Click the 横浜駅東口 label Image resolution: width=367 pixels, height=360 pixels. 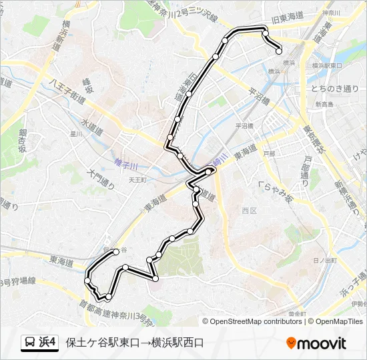click(327, 66)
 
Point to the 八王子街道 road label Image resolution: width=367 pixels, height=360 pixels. click(67, 89)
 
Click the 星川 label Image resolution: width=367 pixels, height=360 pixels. click(75, 133)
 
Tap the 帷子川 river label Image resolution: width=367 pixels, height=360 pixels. click(125, 164)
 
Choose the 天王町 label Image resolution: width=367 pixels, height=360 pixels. click(137, 179)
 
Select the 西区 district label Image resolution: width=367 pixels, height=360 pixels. click(249, 211)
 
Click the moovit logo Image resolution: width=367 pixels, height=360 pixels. click(316, 343)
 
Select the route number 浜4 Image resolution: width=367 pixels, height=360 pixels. click(48, 343)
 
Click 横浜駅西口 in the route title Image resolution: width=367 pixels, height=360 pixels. click(177, 343)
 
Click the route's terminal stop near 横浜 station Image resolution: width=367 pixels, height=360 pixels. click(279, 51)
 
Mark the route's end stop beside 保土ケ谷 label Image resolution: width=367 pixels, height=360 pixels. click(116, 251)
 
